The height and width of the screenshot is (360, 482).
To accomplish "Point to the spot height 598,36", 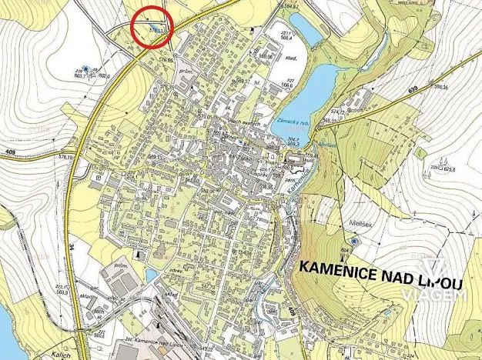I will tap(440, 87).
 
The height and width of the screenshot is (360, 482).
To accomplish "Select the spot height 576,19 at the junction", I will tap(65, 156).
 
